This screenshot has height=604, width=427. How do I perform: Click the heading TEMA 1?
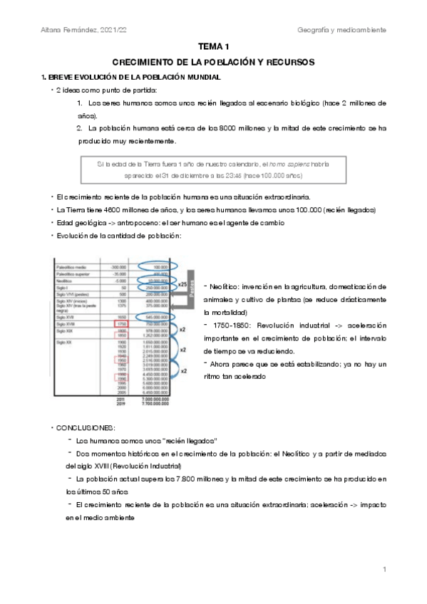213,46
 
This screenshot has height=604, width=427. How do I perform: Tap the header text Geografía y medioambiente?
342,30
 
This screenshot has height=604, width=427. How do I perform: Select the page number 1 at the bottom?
384,569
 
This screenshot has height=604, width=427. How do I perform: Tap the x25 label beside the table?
184,285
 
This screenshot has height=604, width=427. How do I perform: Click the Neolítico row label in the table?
66,281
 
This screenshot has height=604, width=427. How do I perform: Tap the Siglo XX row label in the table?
66,343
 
